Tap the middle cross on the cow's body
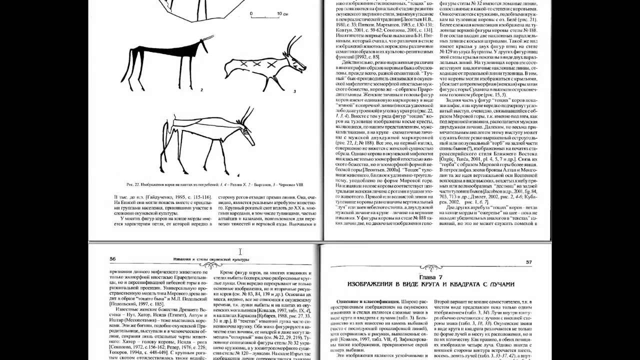click(255, 64)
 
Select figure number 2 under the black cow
click(200, 90)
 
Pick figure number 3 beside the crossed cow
click(294, 91)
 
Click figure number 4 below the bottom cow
click(238, 175)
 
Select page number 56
click(112, 259)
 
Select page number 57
click(529, 262)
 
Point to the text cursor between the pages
click(240, 251)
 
